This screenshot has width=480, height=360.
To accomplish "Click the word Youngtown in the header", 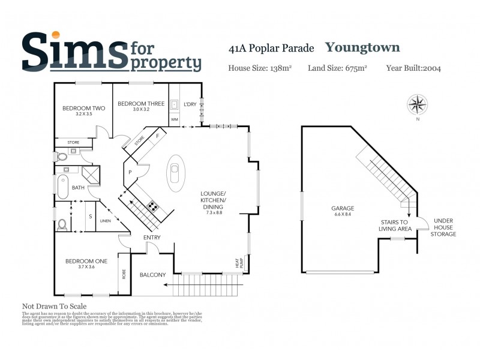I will (x=362, y=47).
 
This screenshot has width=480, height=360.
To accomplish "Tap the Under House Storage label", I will (x=443, y=227).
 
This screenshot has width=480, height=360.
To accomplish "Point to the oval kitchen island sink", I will (x=175, y=173).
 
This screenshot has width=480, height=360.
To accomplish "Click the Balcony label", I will (x=152, y=275).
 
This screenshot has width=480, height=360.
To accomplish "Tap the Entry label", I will (x=152, y=238).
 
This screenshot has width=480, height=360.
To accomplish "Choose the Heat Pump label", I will (x=238, y=263).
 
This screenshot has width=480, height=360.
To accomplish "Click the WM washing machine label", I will (x=175, y=119).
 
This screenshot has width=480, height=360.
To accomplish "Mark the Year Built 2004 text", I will (x=413, y=68).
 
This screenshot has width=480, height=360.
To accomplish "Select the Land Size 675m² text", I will (x=337, y=68).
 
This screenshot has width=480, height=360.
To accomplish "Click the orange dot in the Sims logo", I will (x=56, y=36).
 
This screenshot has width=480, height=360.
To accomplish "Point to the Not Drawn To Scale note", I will (x=55, y=306).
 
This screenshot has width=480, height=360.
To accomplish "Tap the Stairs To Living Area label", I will (x=394, y=225).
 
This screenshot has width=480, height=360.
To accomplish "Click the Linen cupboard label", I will (x=106, y=221).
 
